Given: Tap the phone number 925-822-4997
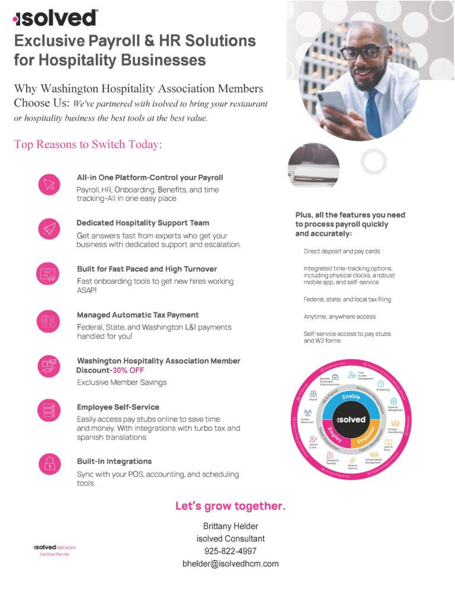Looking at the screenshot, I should click(x=230, y=551).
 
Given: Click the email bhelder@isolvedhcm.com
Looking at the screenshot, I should click(x=230, y=564).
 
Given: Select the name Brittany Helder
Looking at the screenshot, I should click(x=230, y=526).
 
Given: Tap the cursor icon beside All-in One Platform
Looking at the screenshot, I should click(x=49, y=184).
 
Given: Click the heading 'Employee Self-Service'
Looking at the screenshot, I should click(x=118, y=407).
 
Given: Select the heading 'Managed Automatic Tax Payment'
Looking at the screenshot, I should click(x=137, y=315).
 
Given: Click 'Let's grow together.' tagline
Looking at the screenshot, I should click(x=230, y=506).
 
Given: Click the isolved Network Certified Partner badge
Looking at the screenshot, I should click(x=55, y=550).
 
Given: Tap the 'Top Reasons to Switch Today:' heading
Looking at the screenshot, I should click(x=88, y=145).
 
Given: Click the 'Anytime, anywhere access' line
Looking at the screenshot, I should click(x=339, y=317).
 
